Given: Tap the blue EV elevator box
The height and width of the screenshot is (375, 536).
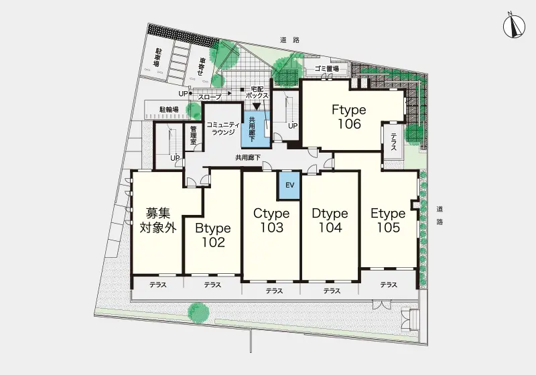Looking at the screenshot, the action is point(289,185).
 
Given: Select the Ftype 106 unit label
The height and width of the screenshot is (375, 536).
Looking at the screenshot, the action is point(349,117).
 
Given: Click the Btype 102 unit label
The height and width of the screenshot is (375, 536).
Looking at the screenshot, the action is point(213,235).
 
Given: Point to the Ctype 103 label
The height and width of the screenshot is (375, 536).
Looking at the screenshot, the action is point(271,220).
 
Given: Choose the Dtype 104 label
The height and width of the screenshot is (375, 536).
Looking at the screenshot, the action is point(330,220).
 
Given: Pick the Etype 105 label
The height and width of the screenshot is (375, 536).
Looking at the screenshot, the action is point(389,220).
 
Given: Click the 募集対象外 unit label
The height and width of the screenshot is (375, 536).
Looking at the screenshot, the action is point(158,220).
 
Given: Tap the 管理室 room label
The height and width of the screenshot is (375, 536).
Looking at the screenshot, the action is point(194,135).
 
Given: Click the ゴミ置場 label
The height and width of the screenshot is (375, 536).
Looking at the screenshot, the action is point(327,68).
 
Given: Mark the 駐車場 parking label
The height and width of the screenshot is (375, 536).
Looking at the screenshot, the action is point(157,58).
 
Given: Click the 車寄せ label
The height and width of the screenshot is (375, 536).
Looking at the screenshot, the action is point(202,67).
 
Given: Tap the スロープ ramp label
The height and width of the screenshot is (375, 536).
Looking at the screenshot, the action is point(209,97).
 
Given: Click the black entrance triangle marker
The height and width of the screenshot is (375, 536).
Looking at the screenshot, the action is point(257,106).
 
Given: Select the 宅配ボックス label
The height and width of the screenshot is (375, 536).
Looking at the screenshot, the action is point(257,92).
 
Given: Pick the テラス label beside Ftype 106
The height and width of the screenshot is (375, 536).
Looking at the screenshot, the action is point(393,142).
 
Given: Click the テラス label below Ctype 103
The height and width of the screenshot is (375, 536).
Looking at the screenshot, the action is point(274,291).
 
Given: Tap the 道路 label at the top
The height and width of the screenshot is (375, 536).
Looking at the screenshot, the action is point(290,40).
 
